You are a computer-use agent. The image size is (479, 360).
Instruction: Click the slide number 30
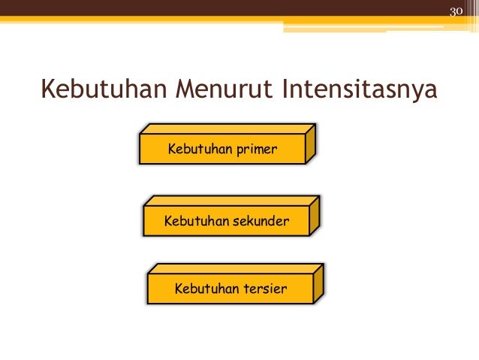[456, 12]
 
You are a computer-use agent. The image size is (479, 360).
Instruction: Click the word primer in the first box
[257, 150]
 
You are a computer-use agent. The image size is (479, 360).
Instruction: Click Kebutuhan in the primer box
[200, 150]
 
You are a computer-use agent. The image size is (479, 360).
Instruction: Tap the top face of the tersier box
[236, 269]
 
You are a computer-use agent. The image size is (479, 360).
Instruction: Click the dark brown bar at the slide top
[225, 8]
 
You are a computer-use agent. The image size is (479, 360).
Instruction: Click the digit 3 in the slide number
[453, 12]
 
